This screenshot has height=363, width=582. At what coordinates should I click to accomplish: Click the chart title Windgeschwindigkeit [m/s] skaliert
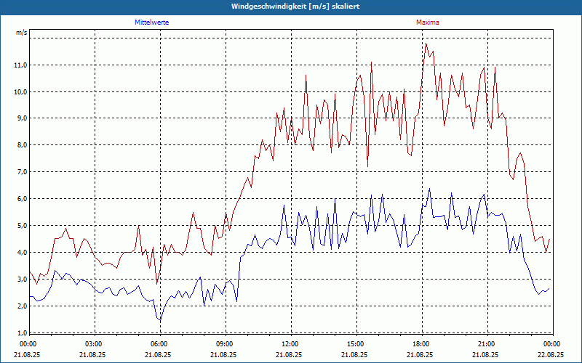[x=290, y=6]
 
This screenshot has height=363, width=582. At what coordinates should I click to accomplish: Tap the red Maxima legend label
[x=427, y=23]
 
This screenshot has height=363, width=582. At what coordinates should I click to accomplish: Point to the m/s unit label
[x=22, y=33]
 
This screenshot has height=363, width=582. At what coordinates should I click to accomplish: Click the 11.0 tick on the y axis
[x=20, y=65]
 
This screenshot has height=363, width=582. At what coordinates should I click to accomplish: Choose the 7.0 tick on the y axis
[x=22, y=172]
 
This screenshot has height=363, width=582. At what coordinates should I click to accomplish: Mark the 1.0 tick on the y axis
[x=22, y=333]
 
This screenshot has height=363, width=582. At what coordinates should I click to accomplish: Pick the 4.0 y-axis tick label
[x=22, y=253]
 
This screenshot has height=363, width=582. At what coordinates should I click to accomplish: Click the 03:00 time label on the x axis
[x=94, y=344]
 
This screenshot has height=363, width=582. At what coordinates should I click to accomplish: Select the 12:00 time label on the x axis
[x=290, y=344]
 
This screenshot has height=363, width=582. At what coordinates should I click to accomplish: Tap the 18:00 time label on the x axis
[x=420, y=344]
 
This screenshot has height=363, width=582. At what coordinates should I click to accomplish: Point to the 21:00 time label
[x=486, y=344]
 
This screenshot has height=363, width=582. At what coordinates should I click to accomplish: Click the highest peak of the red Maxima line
[x=426, y=44]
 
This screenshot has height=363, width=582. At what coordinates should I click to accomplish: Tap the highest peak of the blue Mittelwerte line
[x=429, y=189]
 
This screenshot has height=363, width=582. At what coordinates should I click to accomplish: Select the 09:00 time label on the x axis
[x=224, y=344]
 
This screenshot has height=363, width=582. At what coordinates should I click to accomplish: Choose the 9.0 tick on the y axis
[x=22, y=118]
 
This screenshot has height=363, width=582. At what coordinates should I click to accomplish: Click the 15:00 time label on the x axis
[x=355, y=344]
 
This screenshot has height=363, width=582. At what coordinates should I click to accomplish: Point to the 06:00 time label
[x=159, y=344]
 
